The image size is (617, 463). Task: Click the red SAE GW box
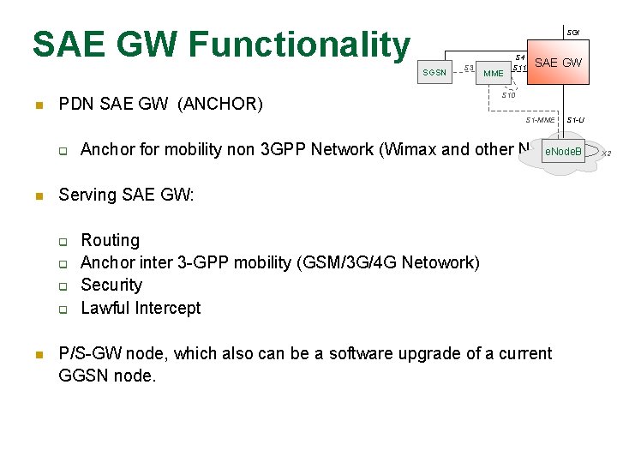pos(558,63)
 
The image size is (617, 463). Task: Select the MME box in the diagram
pos(494,74)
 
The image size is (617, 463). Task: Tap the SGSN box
pos(434,73)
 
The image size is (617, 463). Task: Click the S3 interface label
pos(469,68)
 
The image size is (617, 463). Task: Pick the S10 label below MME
pos(508,95)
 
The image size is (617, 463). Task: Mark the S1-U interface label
pos(575,120)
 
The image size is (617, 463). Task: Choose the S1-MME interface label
pos(540,120)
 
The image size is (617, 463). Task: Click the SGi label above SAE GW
pos(572,33)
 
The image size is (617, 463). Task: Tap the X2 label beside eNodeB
pos(606,153)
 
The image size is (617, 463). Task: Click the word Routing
pos(110,240)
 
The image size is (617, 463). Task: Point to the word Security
pos(111,285)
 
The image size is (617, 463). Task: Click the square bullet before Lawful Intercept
pos(63,309)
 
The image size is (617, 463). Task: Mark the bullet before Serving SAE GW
pos(38,196)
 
